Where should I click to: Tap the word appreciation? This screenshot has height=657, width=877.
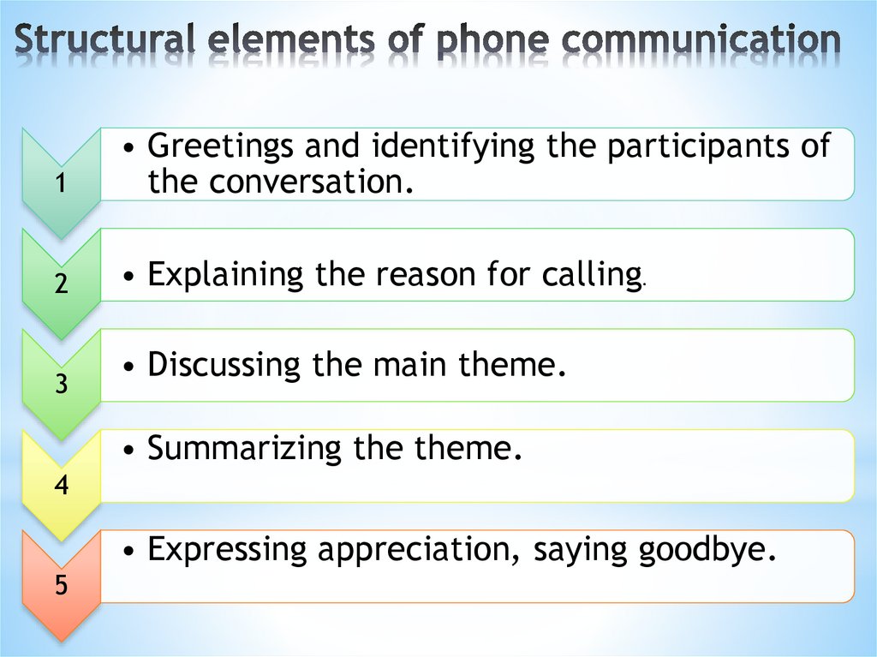point(417,549)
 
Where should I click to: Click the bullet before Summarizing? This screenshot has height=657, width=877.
point(128,450)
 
